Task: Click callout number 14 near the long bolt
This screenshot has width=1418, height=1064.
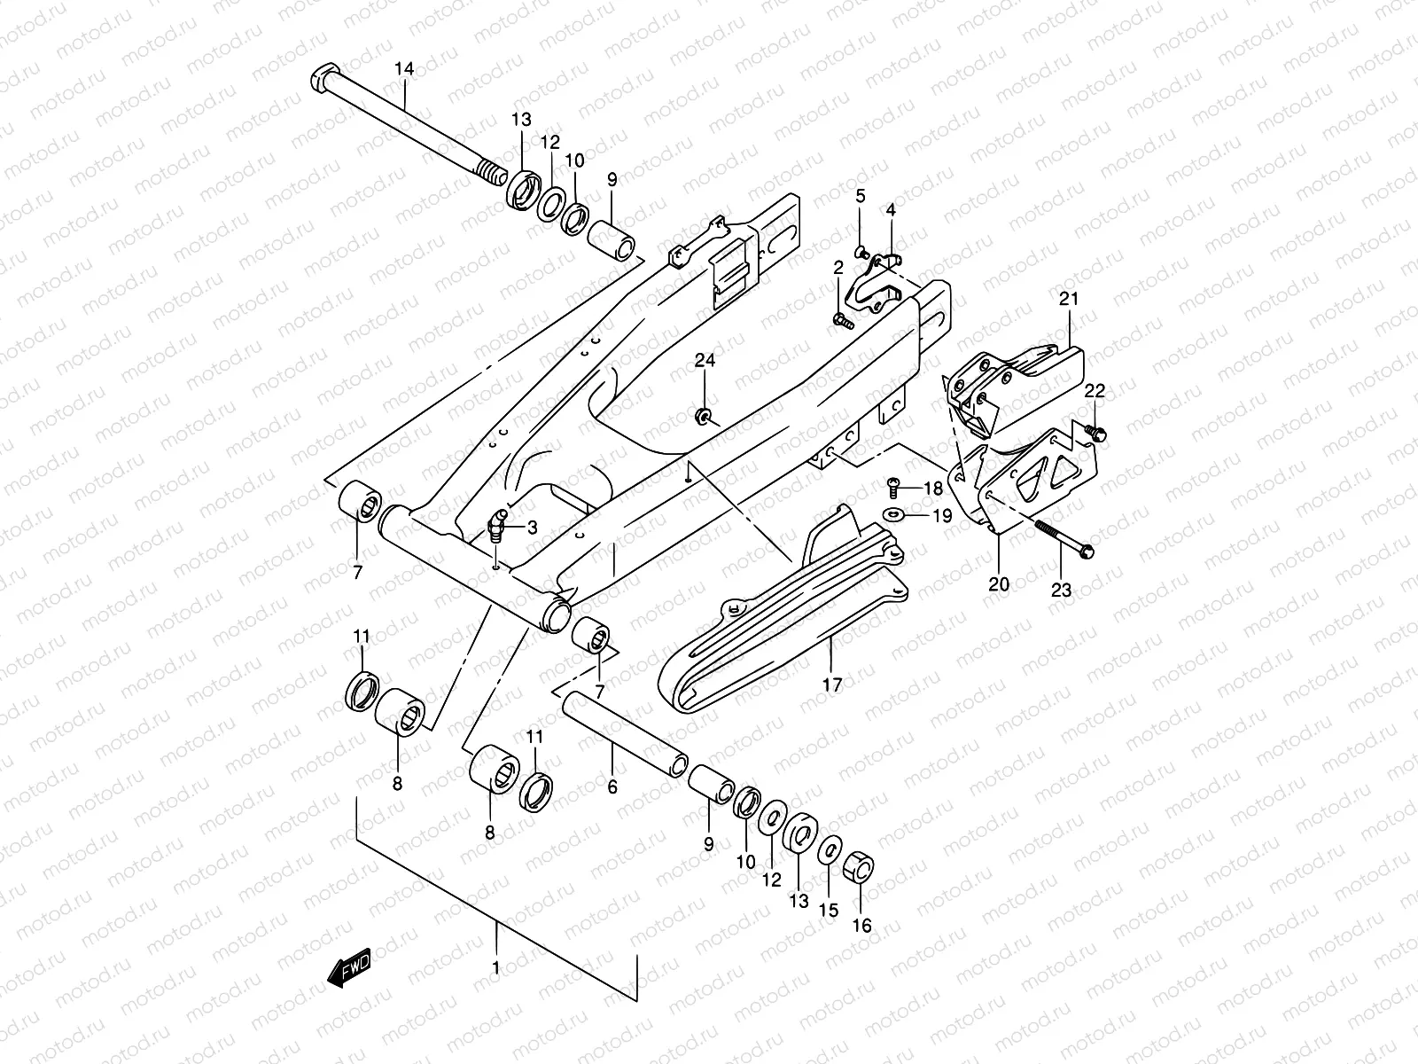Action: point(404,68)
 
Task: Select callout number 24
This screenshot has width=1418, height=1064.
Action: point(705,361)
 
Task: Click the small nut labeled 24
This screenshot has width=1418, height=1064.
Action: point(705,416)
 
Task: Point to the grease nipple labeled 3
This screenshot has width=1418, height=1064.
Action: point(498,525)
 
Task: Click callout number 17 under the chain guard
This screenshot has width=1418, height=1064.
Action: point(832,684)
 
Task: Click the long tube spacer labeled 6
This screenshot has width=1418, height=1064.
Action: point(625,727)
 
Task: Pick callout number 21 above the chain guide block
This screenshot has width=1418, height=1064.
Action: point(1069,299)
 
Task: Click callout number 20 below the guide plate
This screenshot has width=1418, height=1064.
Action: point(999,584)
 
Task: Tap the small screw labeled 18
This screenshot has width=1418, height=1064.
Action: point(893,485)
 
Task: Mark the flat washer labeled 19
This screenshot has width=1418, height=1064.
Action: point(892,514)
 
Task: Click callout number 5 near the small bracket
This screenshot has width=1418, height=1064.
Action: point(860,196)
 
